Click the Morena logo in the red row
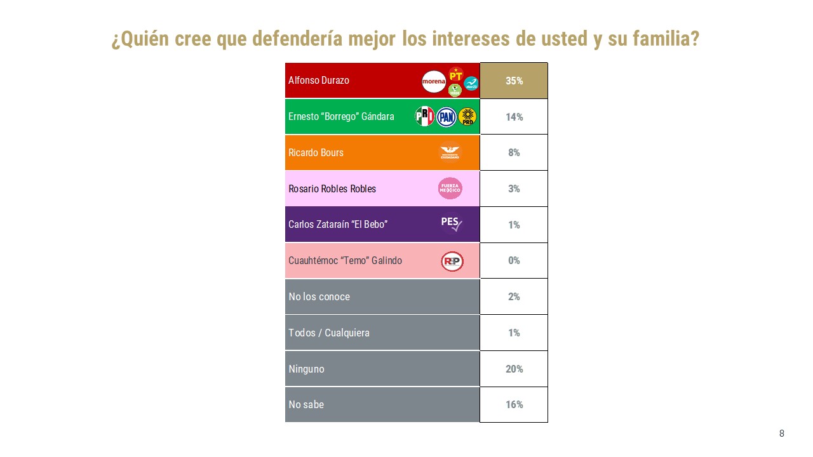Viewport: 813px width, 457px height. coord(434,81)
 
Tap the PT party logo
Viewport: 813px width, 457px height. coord(455,74)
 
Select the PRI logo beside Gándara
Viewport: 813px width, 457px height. coord(424,116)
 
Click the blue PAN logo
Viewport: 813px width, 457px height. coord(447,117)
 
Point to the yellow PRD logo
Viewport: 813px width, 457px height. coord(467,117)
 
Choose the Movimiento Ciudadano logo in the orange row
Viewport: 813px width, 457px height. coord(450,153)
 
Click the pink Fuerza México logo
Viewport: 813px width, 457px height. coord(450,189)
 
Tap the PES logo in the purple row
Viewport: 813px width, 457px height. coord(451,223)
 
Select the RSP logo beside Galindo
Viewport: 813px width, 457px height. coord(452,261)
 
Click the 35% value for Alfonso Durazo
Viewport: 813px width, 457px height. coord(514,81)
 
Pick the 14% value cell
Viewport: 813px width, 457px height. coord(514,117)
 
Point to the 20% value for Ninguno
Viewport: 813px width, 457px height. coord(514,369)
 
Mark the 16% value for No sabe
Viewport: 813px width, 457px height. coord(514,404)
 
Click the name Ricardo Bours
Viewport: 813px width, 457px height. coord(316,153)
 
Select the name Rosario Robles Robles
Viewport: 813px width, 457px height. coord(332,189)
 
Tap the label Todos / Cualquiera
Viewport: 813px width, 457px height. coord(329,333)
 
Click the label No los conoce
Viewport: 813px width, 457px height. coord(319,296)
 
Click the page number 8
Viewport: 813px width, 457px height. coord(781,434)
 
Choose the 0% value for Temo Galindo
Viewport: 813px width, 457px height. coord(514,260)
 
